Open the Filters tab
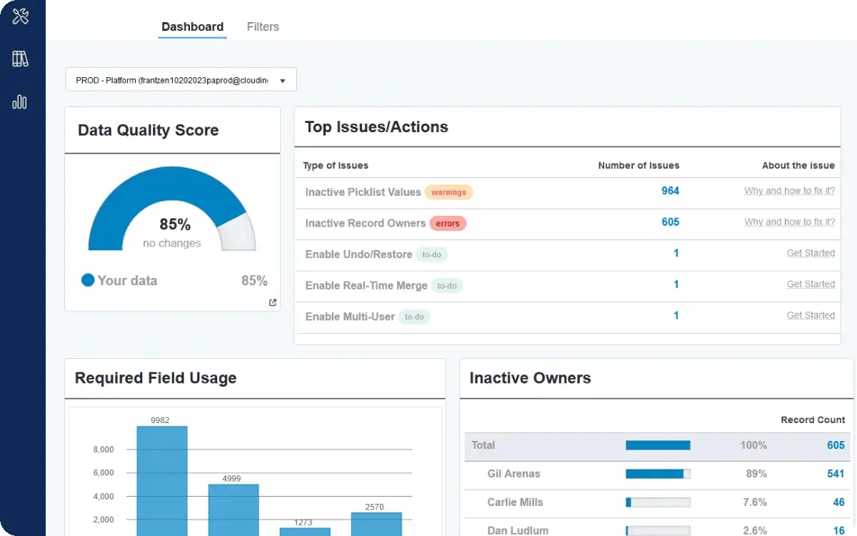coord(263,27)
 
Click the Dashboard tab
coord(192,27)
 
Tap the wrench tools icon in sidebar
coord(20,16)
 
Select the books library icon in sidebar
coord(20,59)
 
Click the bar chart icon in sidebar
coord(19,102)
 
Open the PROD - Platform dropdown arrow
coord(282,81)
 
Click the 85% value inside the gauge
coord(175,224)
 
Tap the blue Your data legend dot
coord(88,280)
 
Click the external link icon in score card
coord(272,302)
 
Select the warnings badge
coord(448,192)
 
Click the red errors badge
coord(448,224)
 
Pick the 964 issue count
coord(671,191)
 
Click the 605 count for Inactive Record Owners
coord(671,222)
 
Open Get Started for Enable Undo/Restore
coord(811,253)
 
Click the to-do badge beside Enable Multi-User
coord(414,317)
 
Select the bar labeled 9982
coord(162,481)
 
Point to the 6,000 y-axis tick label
coord(104,473)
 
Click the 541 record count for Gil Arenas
coord(836,474)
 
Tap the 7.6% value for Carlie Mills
coord(755,502)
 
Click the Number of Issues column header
coord(638,165)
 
